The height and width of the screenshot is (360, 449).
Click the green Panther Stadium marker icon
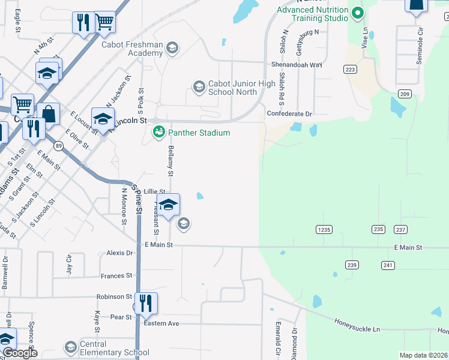click(x=159, y=132)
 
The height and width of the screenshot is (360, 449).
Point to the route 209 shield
click(x=404, y=94)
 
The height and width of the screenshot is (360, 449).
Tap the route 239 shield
click(x=352, y=265)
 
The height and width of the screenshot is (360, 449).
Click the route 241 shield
click(x=388, y=265)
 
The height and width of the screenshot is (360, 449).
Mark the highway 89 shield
click(x=58, y=146)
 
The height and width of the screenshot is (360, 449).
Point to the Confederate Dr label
click(x=290, y=113)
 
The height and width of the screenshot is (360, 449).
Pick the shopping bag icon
click(x=48, y=113)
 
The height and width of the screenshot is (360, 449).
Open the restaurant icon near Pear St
click(x=145, y=303)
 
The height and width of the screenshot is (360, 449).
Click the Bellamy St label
click(x=171, y=161)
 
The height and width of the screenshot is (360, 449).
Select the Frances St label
click(x=116, y=275)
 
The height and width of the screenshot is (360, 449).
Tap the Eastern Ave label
click(x=161, y=323)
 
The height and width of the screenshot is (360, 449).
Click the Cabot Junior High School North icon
click(x=199, y=88)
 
